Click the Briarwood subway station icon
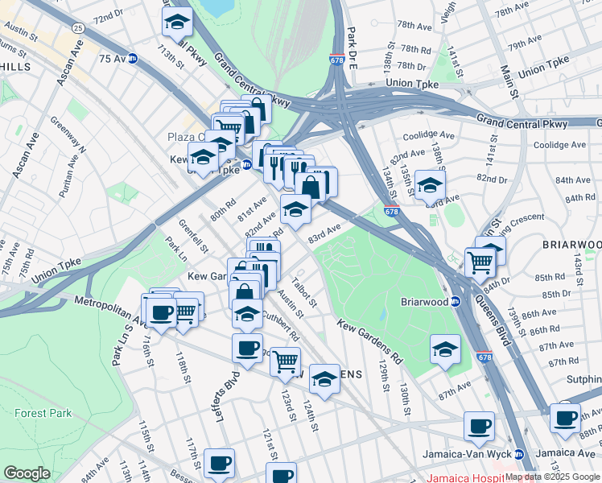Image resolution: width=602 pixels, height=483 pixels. click(454, 302)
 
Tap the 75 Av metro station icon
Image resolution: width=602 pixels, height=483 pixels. click(132, 59)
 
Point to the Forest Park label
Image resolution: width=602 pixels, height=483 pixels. click(43, 413)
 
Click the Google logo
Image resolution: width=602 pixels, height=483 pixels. click(27, 473)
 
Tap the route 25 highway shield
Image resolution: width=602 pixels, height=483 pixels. click(77, 28)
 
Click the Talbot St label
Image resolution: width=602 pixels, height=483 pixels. click(305, 292)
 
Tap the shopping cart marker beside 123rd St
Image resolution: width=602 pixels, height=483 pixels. click(285, 364)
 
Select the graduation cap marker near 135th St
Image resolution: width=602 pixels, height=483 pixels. click(431, 187)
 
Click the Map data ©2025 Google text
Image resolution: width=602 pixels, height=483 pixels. click(552, 477)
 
